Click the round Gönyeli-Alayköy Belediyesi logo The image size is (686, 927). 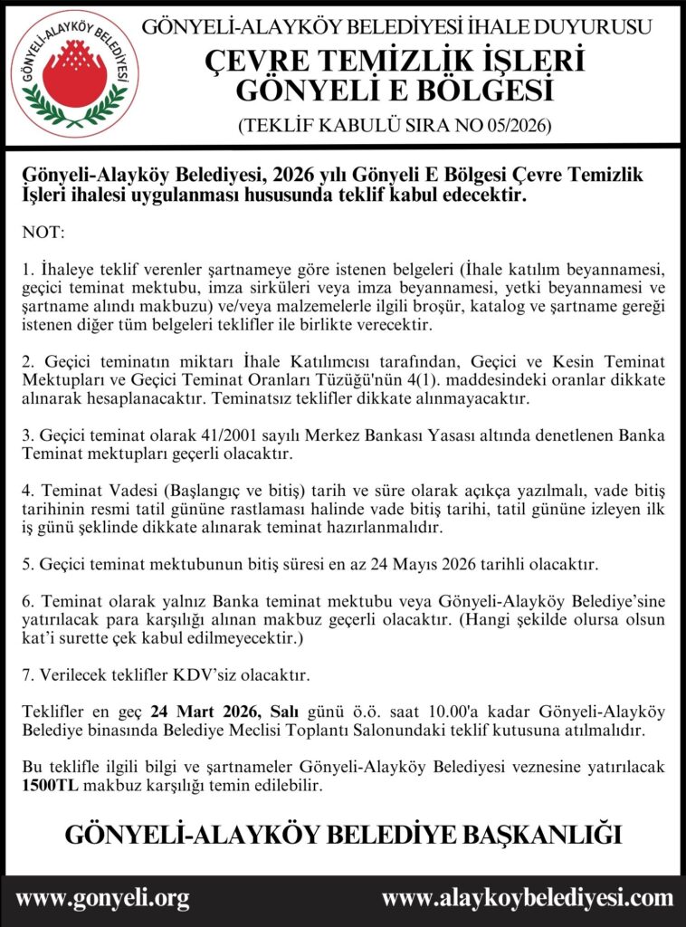coord(75,74)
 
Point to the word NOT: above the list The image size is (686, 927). coord(43,233)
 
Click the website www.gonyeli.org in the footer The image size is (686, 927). coord(102,898)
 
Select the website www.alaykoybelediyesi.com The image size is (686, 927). coord(528,898)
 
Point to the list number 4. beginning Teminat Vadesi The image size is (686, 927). coord(27,492)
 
